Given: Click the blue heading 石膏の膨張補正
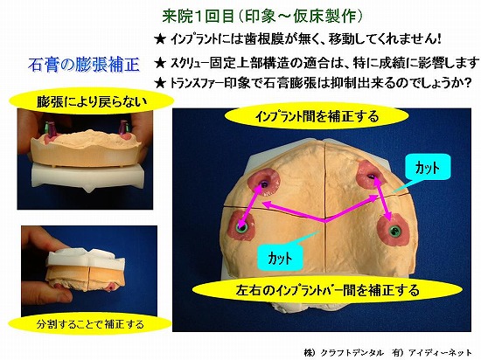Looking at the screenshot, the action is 84,65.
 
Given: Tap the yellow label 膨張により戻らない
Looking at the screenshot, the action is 92,101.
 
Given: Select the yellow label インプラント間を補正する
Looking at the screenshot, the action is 317,116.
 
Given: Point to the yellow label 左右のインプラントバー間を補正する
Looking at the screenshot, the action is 327,290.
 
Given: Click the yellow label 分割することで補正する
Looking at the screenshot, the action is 90,324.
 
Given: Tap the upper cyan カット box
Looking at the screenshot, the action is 428,167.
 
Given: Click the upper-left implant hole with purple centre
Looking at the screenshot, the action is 263,183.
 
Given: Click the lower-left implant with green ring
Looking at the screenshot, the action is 242,228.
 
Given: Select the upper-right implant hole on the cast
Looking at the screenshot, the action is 371,176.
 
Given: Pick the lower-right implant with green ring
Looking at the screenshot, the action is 394,231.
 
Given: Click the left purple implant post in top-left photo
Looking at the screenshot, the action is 49,128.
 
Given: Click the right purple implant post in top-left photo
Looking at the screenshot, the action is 123,128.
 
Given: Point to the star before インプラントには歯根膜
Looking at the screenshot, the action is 160,39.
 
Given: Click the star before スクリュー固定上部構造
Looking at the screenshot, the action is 160,64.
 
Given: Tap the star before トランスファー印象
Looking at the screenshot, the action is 160,83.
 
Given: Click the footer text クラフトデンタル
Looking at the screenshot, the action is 352,353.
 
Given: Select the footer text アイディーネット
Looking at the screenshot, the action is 440,353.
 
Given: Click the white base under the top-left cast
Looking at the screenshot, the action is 87,176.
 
